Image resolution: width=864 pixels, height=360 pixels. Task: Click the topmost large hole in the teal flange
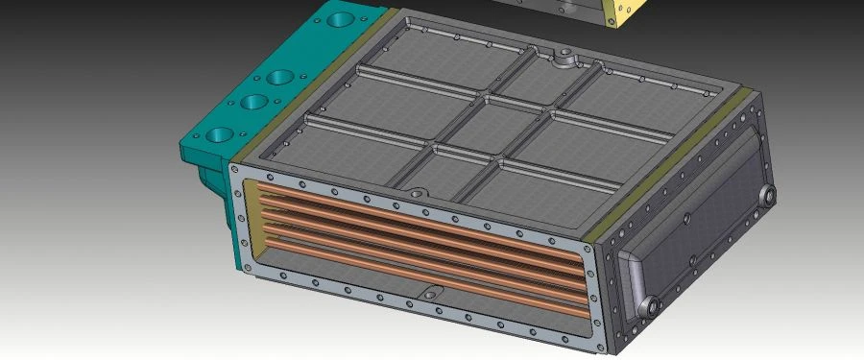coord(341,17)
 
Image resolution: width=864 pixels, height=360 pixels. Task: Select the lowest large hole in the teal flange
coord(219,134)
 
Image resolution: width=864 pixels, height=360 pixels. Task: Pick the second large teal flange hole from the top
coord(280,76)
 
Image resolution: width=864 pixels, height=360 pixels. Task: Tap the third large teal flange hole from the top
coord(252,102)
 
